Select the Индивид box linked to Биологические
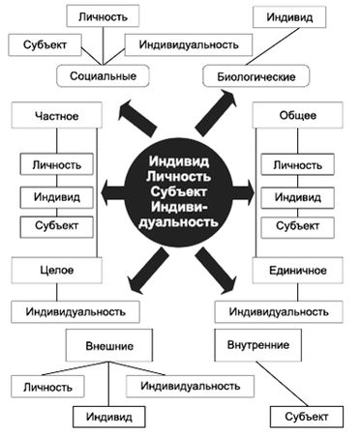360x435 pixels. pyautogui.click(x=289, y=16)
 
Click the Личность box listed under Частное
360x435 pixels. pyautogui.click(x=56, y=165)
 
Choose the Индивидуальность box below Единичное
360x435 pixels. pyautogui.click(x=282, y=312)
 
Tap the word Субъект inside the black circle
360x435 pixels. pyautogui.click(x=179, y=192)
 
